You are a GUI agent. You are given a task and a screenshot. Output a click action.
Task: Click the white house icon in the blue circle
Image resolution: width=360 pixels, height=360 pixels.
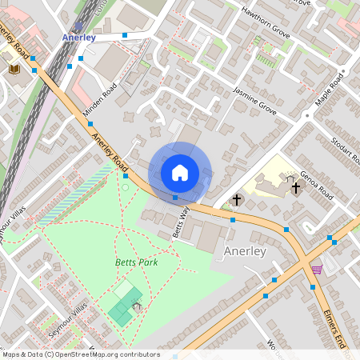(x=180, y=172)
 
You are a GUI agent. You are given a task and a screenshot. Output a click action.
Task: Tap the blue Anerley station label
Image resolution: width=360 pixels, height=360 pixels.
(x=78, y=38)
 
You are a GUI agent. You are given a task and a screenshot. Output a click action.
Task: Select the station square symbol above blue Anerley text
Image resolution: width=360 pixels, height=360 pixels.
(x=78, y=26)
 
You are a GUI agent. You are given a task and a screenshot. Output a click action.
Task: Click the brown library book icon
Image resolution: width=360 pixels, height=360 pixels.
(x=14, y=70)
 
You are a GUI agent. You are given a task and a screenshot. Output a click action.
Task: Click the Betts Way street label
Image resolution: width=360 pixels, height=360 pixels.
(x=181, y=222)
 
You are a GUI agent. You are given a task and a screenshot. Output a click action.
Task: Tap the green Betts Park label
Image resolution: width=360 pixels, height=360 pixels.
(x=135, y=262)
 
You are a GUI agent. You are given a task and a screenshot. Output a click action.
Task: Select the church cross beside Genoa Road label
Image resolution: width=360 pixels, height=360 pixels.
(x=296, y=187)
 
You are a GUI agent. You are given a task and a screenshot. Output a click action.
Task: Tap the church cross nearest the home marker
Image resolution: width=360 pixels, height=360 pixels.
(x=236, y=198)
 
